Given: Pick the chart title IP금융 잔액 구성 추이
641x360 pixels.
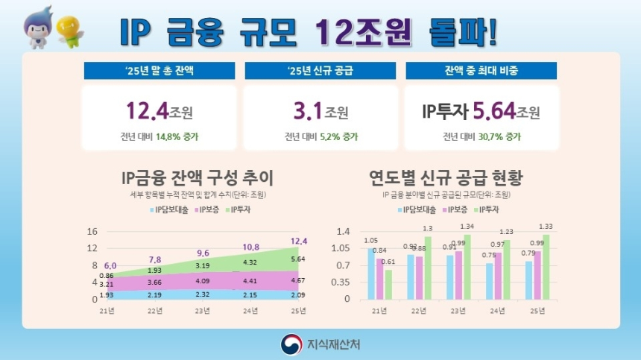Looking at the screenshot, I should click(198, 179).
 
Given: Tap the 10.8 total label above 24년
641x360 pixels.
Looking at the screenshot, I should click(250, 247).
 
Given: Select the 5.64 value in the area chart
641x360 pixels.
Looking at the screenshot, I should click(297, 259).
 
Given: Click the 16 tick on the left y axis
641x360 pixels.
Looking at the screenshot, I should click(92, 231).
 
